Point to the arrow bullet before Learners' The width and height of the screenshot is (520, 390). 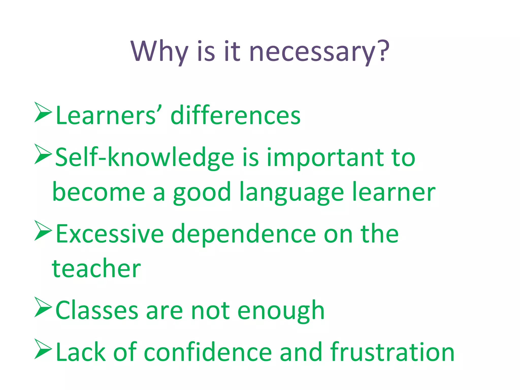43,112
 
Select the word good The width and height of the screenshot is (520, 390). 202,193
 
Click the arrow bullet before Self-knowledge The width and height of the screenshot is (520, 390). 43,154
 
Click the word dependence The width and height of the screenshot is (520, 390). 244,234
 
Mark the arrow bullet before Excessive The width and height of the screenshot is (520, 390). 43,230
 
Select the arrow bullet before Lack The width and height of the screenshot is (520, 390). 43,349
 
